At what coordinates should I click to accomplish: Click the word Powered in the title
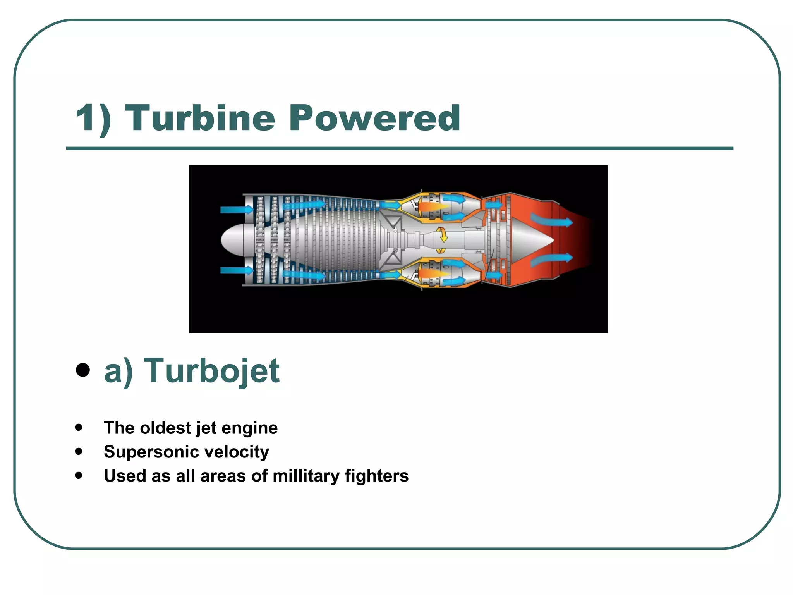[x=374, y=118]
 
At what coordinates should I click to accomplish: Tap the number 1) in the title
[x=93, y=118]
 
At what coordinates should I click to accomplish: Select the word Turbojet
[x=211, y=371]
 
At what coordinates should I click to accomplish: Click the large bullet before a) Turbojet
[x=83, y=370]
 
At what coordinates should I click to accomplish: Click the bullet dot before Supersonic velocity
[x=79, y=451]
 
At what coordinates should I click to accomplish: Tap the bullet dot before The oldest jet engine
[x=79, y=428]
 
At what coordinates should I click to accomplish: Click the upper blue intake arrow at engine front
[x=236, y=210]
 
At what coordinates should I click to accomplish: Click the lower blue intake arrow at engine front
[x=236, y=270]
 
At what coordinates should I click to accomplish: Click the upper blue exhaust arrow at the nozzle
[x=551, y=221]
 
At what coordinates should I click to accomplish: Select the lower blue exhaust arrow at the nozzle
[x=551, y=259]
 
